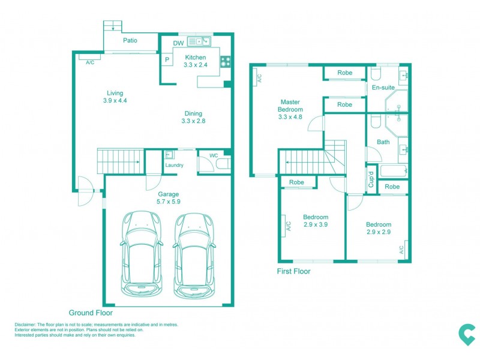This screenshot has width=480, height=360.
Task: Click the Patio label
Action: (x=130, y=40)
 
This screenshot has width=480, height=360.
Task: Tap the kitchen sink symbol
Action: (x=199, y=41)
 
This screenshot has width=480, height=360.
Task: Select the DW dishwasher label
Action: (x=178, y=43)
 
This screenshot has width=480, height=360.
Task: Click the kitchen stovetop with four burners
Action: (x=226, y=62)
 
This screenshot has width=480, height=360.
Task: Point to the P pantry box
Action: (x=167, y=59)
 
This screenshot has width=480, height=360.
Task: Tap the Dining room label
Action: (x=193, y=113)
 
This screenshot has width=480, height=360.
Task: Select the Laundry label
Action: (x=174, y=165)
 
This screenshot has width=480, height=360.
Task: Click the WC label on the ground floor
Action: (x=214, y=155)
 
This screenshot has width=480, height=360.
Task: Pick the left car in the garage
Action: (x=142, y=254)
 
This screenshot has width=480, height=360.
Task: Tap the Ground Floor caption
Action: (x=91, y=313)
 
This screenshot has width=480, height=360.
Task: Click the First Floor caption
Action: (x=293, y=271)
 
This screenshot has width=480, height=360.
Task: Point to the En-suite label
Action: (x=383, y=88)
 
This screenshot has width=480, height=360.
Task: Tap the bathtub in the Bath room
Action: (x=394, y=171)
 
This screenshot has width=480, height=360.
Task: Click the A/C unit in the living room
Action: (x=89, y=57)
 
